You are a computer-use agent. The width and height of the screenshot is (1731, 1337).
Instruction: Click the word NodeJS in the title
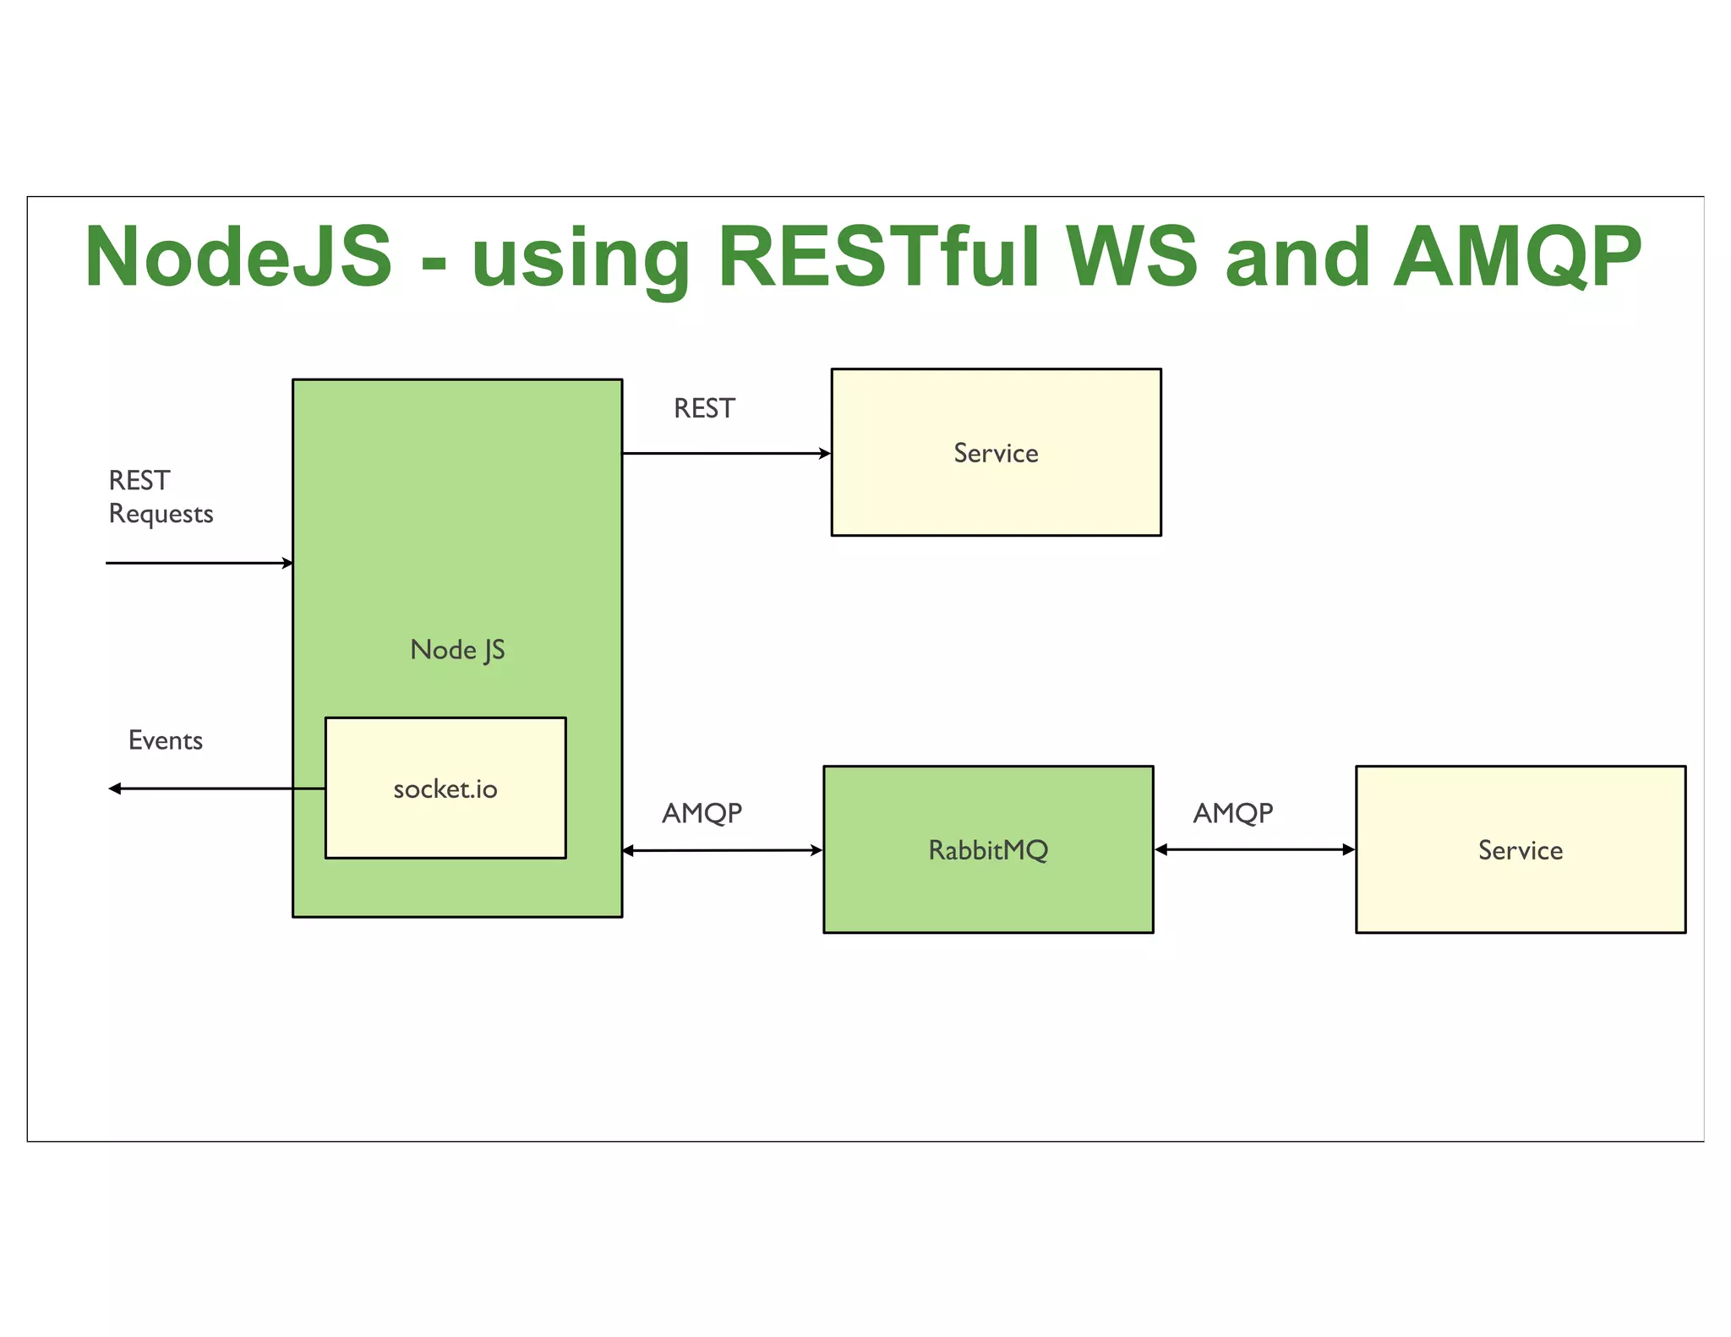[239, 256]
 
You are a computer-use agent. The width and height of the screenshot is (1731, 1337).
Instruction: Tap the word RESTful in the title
[879, 256]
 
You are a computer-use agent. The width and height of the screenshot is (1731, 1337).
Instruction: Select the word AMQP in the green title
[1516, 256]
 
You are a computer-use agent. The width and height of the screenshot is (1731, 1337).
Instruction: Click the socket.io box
[445, 789]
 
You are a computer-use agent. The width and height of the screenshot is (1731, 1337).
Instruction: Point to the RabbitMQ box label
[988, 849]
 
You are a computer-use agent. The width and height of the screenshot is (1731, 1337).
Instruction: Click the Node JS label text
[457, 650]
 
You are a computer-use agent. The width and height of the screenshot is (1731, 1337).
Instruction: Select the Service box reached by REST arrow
[996, 452]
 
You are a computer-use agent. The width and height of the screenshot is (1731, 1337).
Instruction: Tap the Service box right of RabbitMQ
[1520, 849]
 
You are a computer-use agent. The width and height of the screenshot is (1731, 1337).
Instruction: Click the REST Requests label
[160, 497]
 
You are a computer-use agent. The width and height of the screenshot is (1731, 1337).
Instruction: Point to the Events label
[166, 740]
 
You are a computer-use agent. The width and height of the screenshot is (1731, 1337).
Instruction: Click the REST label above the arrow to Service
[704, 409]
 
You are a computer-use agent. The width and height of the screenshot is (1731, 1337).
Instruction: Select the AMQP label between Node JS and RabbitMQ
[702, 813]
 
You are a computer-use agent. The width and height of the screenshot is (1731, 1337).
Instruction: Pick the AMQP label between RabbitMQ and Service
[1232, 813]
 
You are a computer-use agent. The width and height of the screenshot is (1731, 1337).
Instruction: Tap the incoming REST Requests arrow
[199, 563]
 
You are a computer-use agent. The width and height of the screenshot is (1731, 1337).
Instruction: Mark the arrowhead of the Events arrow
[115, 789]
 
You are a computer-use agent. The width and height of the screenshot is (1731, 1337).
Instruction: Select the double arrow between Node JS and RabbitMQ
[723, 850]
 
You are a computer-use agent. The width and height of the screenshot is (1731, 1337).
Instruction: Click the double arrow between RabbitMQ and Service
[1254, 849]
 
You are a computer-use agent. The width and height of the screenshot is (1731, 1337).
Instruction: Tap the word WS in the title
[1131, 256]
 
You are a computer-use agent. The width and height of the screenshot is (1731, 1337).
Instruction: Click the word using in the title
[581, 256]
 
